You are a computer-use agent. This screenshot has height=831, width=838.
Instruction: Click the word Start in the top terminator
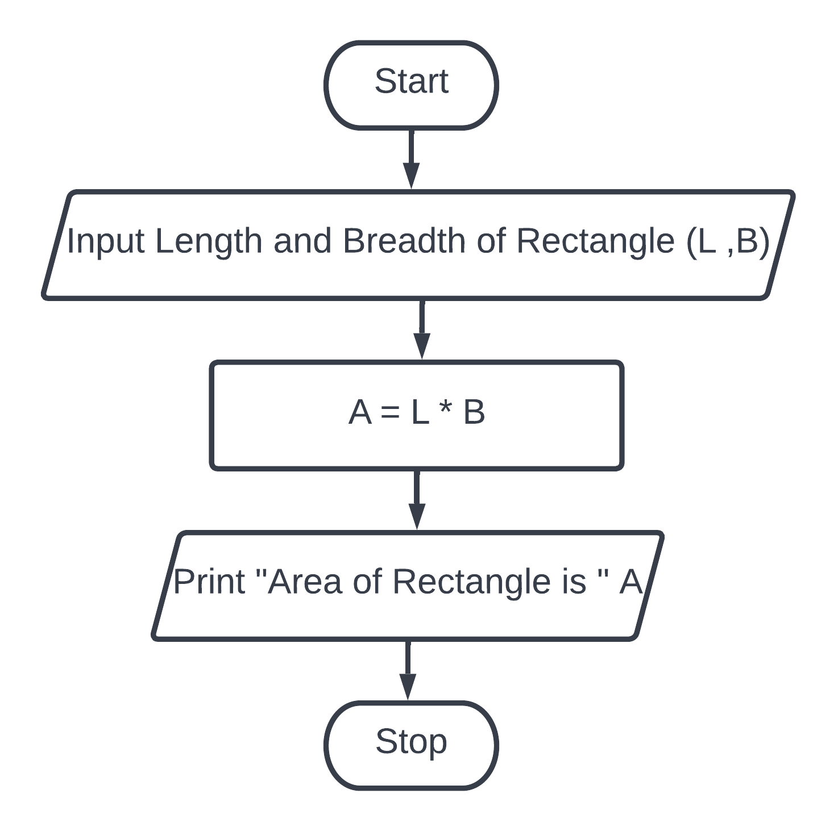tap(411, 81)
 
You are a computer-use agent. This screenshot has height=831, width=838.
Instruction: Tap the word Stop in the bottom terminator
tap(411, 741)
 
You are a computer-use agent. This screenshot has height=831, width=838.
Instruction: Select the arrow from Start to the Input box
tap(411, 158)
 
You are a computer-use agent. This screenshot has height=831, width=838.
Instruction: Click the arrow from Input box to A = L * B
tap(421, 329)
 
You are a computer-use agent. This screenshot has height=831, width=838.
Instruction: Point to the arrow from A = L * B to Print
tap(417, 499)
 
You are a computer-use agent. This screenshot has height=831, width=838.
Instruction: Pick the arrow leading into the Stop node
tap(407, 670)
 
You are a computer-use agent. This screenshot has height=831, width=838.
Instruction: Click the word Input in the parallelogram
tap(105, 241)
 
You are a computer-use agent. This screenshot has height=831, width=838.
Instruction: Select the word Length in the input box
tap(208, 241)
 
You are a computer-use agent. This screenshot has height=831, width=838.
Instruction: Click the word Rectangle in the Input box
tap(595, 241)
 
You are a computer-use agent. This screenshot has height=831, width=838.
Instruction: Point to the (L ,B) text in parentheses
tap(728, 241)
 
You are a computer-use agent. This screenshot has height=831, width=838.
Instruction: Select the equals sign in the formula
tap(390, 412)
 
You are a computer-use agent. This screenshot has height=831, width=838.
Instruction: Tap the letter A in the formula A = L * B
tap(360, 412)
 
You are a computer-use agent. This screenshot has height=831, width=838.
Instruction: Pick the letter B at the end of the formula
tap(474, 412)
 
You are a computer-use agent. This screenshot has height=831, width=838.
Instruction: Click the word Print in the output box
tap(209, 582)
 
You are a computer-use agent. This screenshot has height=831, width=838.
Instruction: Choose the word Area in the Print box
tap(305, 582)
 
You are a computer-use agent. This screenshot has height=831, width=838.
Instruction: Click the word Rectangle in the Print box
tap(471, 582)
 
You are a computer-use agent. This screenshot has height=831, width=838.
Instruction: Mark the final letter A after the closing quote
tap(630, 582)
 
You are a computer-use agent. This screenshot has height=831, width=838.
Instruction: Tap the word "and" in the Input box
tap(302, 241)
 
